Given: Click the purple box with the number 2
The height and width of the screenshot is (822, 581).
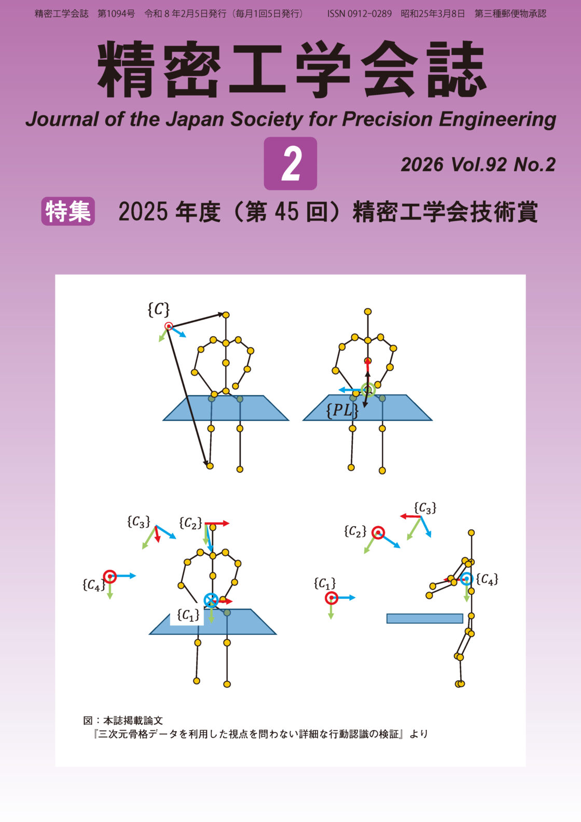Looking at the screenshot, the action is pyautogui.click(x=290, y=163).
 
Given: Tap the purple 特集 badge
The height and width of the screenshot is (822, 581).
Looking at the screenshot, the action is pyautogui.click(x=68, y=211).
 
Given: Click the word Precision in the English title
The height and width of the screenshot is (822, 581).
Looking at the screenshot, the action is pyautogui.click(x=388, y=119).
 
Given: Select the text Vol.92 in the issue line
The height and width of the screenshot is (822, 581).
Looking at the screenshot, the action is pyautogui.click(x=479, y=165).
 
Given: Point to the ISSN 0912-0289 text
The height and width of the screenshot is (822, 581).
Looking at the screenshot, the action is pyautogui.click(x=359, y=14).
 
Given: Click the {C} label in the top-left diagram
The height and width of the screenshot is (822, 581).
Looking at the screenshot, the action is pyautogui.click(x=158, y=309).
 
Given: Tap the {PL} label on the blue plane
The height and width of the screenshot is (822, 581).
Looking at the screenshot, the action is pyautogui.click(x=342, y=410).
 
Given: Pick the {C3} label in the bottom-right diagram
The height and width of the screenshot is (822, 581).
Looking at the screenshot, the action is pyautogui.click(x=425, y=508).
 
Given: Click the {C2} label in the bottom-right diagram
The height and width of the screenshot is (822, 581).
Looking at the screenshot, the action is pyautogui.click(x=355, y=531).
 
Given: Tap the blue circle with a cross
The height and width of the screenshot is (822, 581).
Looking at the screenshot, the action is pyautogui.click(x=211, y=600).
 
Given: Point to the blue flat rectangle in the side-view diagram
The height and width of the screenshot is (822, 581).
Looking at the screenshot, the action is pyautogui.click(x=425, y=619).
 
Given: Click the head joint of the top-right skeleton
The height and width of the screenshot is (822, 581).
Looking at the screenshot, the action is pyautogui.click(x=367, y=311).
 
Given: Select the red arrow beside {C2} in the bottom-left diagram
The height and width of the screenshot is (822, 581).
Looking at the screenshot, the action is pyautogui.click(x=217, y=523).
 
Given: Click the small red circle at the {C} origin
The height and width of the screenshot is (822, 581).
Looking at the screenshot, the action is pyautogui.click(x=169, y=326).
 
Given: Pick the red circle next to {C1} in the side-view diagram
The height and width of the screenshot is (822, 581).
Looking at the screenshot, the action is pyautogui.click(x=331, y=598).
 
